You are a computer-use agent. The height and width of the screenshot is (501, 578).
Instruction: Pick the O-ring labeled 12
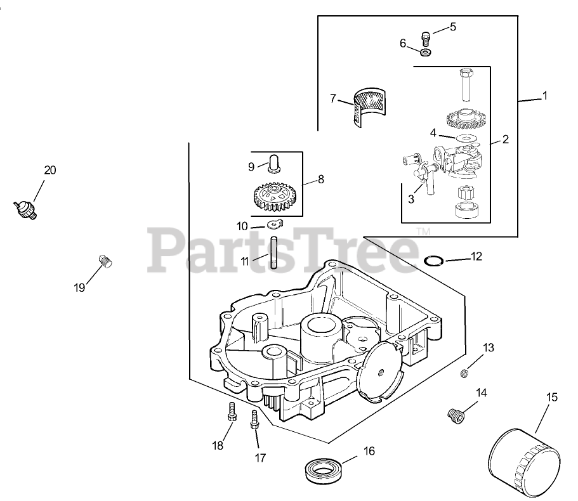(x=433, y=260)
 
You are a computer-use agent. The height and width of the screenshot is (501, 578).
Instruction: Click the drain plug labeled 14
(x=454, y=415)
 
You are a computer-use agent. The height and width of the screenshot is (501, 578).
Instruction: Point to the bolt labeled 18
(x=232, y=413)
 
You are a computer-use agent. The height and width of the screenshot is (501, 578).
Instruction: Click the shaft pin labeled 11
(x=275, y=252)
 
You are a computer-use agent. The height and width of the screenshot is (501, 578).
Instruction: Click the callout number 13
(x=489, y=348)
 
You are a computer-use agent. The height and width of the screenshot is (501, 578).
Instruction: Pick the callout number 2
(x=506, y=139)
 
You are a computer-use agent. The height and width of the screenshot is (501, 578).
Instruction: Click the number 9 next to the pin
(x=251, y=166)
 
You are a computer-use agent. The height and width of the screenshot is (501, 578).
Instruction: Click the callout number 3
(x=411, y=198)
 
